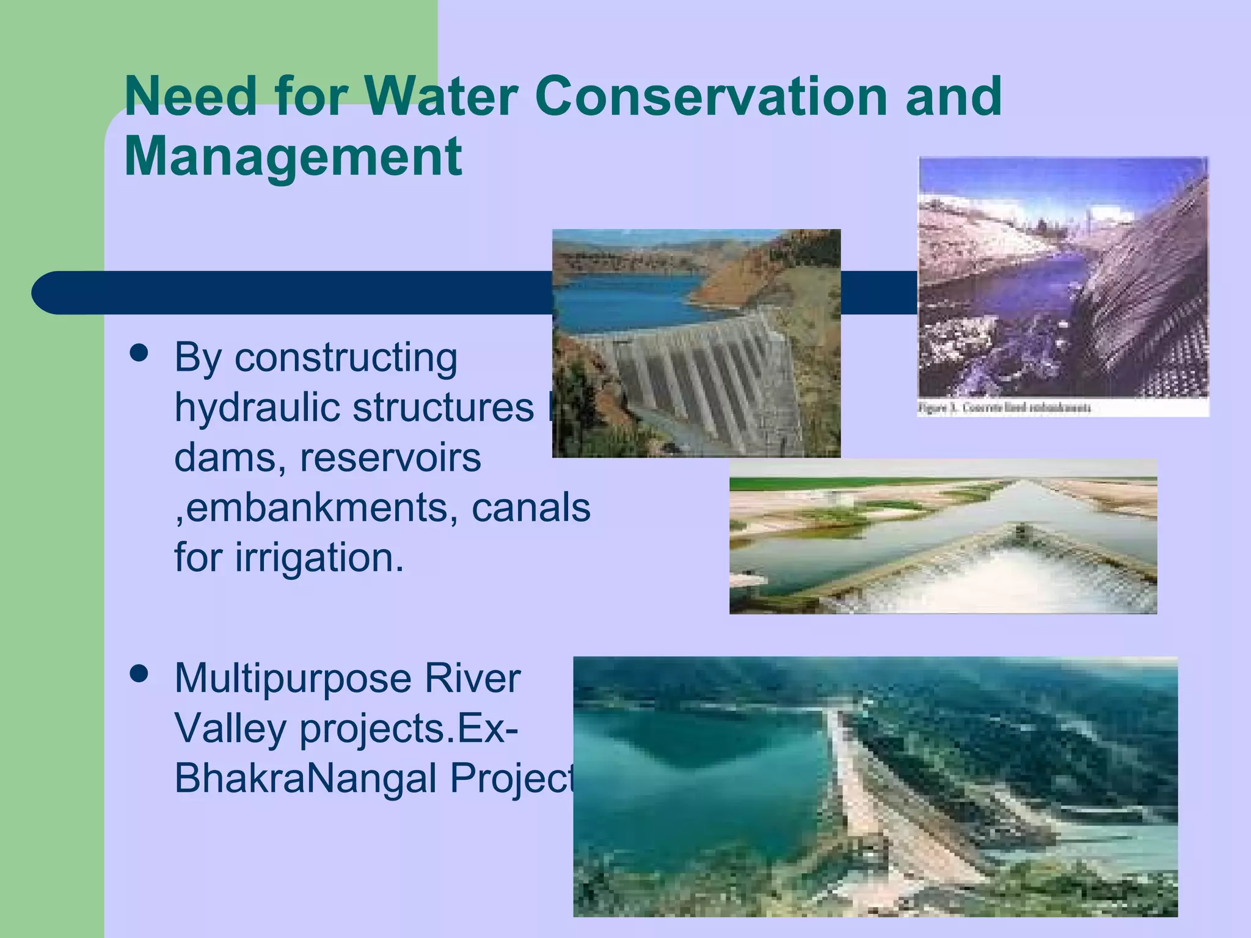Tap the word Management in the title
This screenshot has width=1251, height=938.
pos(293,156)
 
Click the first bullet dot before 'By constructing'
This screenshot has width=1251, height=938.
pos(140,354)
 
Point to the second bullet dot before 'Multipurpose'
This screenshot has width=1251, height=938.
pos(140,674)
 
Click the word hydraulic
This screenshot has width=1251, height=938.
pos(256,407)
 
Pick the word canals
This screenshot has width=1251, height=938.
pos(531,507)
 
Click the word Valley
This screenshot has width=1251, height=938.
pos(230,729)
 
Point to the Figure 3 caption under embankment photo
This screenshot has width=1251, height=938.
pos(1005,408)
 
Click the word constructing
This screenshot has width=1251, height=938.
pos(346,357)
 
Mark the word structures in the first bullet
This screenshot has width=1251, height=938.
pos(443,407)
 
